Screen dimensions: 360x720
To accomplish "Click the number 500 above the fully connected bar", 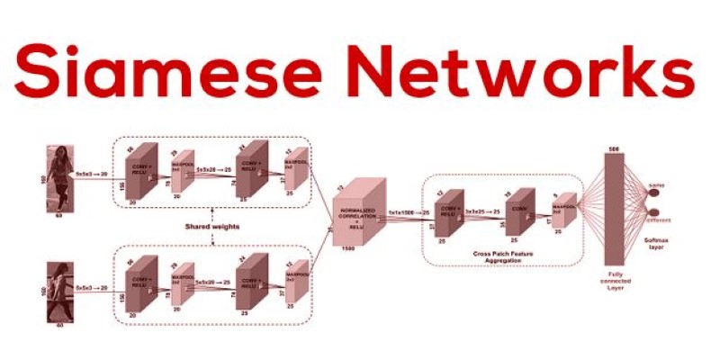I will click(616, 147).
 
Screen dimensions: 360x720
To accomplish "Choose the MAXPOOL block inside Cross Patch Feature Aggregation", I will click(564, 210).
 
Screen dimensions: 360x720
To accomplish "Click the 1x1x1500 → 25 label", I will click(408, 212).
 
